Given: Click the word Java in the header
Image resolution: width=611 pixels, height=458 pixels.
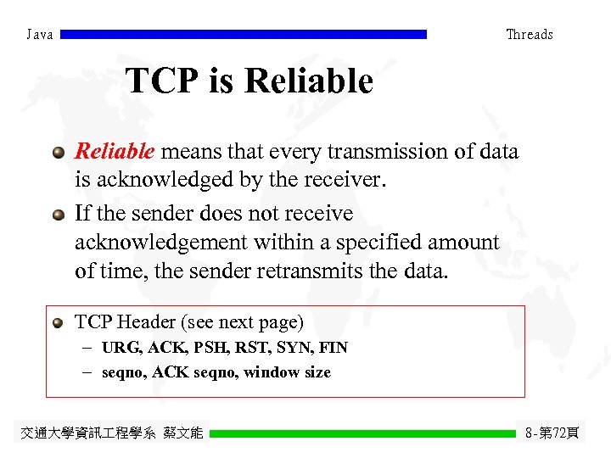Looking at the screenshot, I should click(39, 35).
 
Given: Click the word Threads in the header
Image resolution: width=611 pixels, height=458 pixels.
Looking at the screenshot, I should click(529, 35).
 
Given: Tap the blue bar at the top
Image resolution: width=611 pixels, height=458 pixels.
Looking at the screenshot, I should click(244, 35).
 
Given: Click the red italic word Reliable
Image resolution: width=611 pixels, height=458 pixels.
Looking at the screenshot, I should click(115, 152).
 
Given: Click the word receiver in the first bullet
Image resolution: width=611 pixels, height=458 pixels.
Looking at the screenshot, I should click(347, 181).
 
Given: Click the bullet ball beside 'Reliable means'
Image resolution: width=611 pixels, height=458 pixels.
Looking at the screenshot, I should click(58, 154).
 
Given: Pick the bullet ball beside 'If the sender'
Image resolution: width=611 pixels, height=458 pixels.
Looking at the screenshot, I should click(58, 215).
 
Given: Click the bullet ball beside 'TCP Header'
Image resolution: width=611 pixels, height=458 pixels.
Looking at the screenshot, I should click(58, 323).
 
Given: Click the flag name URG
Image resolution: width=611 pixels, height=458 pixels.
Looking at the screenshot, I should click(121, 348).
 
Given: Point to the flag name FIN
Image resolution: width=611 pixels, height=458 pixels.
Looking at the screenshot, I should click(334, 348).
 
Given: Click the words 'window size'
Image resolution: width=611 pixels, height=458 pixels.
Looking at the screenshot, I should click(287, 372).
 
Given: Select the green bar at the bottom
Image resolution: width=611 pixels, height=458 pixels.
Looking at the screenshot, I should click(362, 433).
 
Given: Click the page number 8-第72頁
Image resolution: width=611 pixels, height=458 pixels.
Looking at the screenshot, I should click(552, 433).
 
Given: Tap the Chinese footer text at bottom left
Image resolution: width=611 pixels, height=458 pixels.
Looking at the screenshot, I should click(111, 433).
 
